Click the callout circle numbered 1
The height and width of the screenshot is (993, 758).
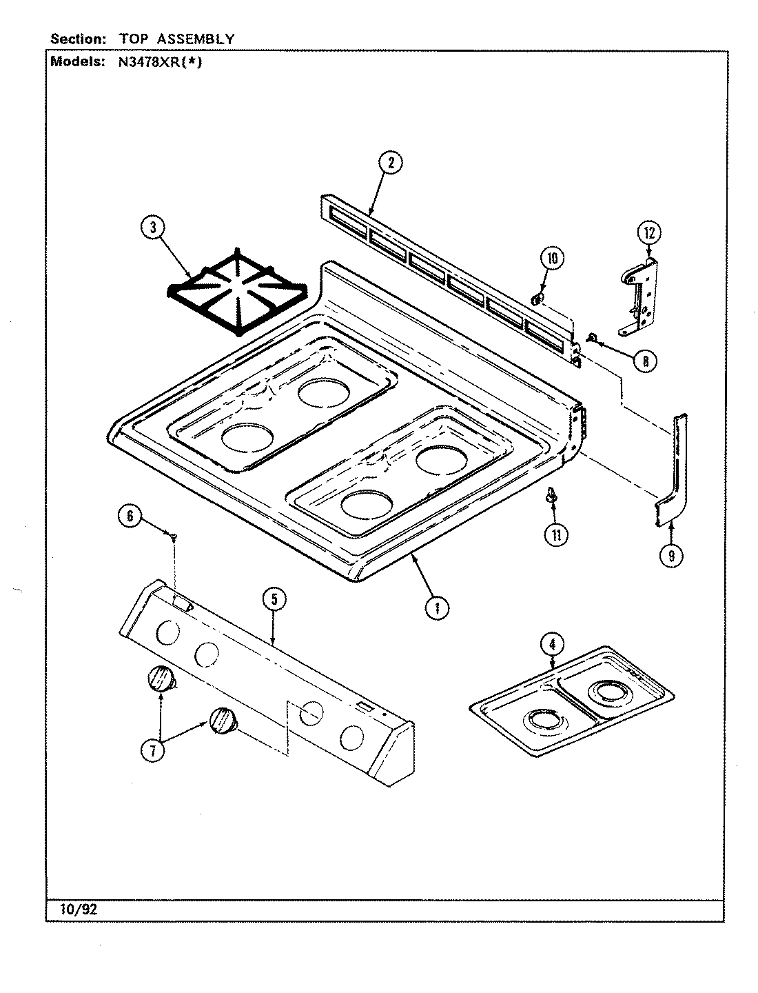tap(436, 607)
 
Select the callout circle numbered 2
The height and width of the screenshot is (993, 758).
tap(391, 163)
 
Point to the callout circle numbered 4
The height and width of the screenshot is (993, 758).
tap(551, 645)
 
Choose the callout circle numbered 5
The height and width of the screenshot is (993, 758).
tap(274, 599)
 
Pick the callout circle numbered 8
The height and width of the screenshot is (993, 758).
tap(645, 360)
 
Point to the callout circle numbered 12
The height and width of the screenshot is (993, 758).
tap(648, 233)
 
